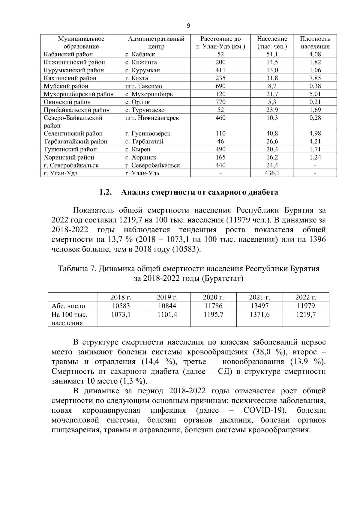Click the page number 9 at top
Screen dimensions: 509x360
point(188,26)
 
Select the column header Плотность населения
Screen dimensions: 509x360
point(315,43)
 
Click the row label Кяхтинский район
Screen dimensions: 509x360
point(70,78)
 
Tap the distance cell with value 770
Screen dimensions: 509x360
point(220,102)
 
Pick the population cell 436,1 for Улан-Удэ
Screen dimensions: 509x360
point(272,173)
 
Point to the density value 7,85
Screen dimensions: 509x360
point(315,78)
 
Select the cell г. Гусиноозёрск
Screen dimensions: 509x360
point(148,134)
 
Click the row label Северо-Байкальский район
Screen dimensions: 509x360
point(73,121)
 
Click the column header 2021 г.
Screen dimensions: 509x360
point(259,297)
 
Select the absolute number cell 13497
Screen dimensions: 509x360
point(259,306)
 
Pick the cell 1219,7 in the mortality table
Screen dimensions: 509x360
point(306,314)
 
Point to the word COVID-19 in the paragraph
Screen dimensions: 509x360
point(264,410)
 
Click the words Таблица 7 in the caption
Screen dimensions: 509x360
point(76,269)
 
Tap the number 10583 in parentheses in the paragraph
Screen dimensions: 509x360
point(186,249)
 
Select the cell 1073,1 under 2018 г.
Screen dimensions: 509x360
point(121,314)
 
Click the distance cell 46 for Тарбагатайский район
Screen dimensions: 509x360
point(220,141)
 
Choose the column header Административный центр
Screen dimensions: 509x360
point(156,43)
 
